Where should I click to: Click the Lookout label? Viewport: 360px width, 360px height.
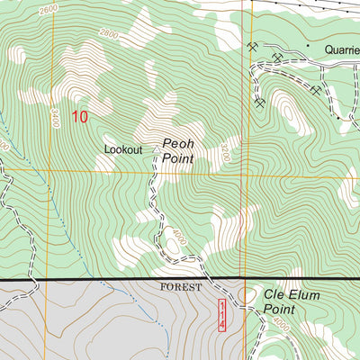tap(123, 149)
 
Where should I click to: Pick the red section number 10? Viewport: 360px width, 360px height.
tap(80, 116)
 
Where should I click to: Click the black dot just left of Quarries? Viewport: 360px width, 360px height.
tap(307, 45)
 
